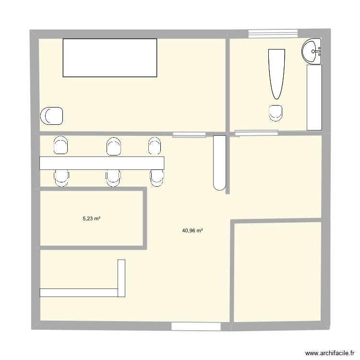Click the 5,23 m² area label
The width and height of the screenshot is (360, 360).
91,218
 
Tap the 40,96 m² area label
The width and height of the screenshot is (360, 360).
192,231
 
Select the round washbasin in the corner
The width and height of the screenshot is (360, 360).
312,50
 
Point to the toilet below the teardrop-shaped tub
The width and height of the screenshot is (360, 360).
276,112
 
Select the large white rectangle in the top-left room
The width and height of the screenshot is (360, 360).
110,58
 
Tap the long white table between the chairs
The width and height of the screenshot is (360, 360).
102,163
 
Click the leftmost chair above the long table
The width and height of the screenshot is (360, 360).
61,145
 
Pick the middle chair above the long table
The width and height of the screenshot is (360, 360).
113,146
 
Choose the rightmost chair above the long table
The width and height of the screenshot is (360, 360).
154,146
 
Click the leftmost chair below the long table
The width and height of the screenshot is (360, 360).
61,178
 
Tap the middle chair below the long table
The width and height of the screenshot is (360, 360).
113,178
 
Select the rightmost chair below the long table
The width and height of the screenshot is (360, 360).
156,178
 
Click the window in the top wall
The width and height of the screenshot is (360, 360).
273,33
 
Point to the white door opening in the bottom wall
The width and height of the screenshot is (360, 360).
196,326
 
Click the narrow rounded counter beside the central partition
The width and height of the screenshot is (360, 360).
219,163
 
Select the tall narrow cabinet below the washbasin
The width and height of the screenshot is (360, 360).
314,97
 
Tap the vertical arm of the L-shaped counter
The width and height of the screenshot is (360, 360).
121,278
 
